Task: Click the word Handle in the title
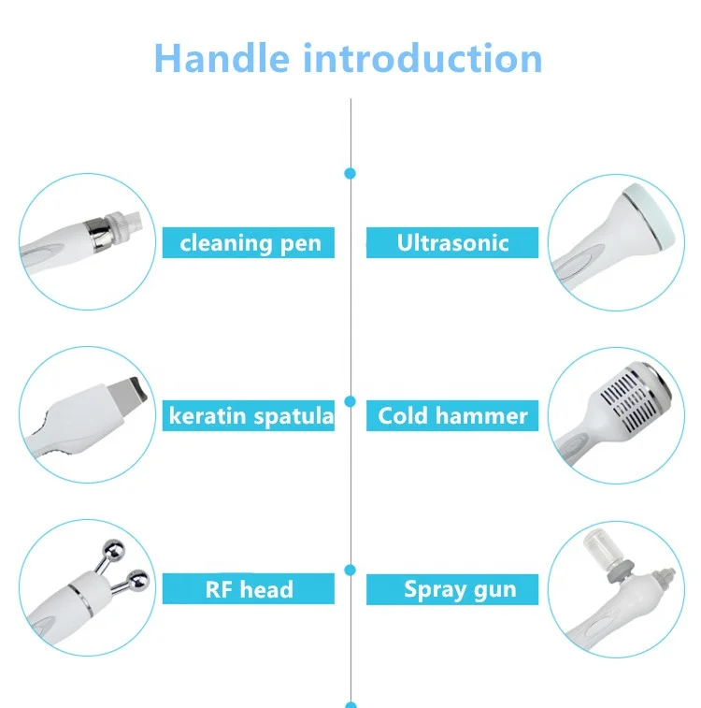[222, 58]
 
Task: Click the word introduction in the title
[422, 58]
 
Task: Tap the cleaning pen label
[250, 244]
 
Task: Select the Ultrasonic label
[452, 243]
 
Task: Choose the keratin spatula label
[250, 416]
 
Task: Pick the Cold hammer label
[452, 416]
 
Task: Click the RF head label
[250, 589]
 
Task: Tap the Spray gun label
[459, 589]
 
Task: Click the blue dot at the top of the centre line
[350, 173]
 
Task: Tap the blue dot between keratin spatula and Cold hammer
[350, 400]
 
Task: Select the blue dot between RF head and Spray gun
[350, 569]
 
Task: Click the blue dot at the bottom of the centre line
[350, 704]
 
